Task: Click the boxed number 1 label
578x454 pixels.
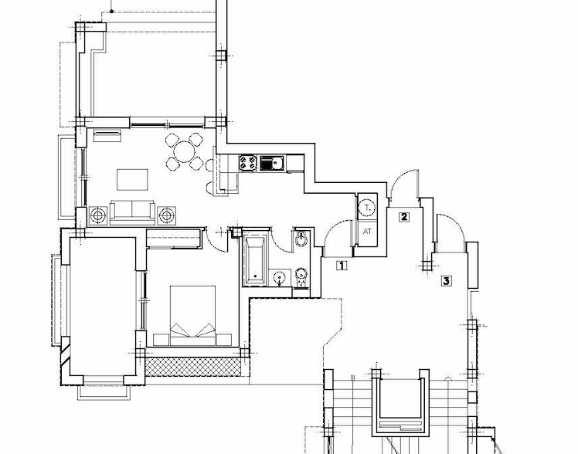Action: coord(342,266)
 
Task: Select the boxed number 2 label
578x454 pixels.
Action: coord(403,216)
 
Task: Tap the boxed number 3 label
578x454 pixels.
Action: coord(446,281)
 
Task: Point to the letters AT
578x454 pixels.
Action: coord(367,232)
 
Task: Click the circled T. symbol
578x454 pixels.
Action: coord(368,207)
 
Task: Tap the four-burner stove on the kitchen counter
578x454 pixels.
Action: coord(248,163)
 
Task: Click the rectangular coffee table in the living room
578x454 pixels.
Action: coord(131,179)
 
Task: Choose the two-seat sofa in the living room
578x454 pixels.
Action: coord(132,211)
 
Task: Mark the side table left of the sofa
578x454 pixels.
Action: coord(98,215)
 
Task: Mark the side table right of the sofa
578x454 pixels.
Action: coord(167,215)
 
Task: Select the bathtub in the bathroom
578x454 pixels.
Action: coord(254,260)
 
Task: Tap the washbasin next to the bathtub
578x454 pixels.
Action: coord(280,276)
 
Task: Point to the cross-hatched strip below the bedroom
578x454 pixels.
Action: coord(193,366)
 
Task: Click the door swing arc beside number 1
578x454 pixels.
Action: coord(334,235)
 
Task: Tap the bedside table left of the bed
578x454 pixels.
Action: coord(161,339)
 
